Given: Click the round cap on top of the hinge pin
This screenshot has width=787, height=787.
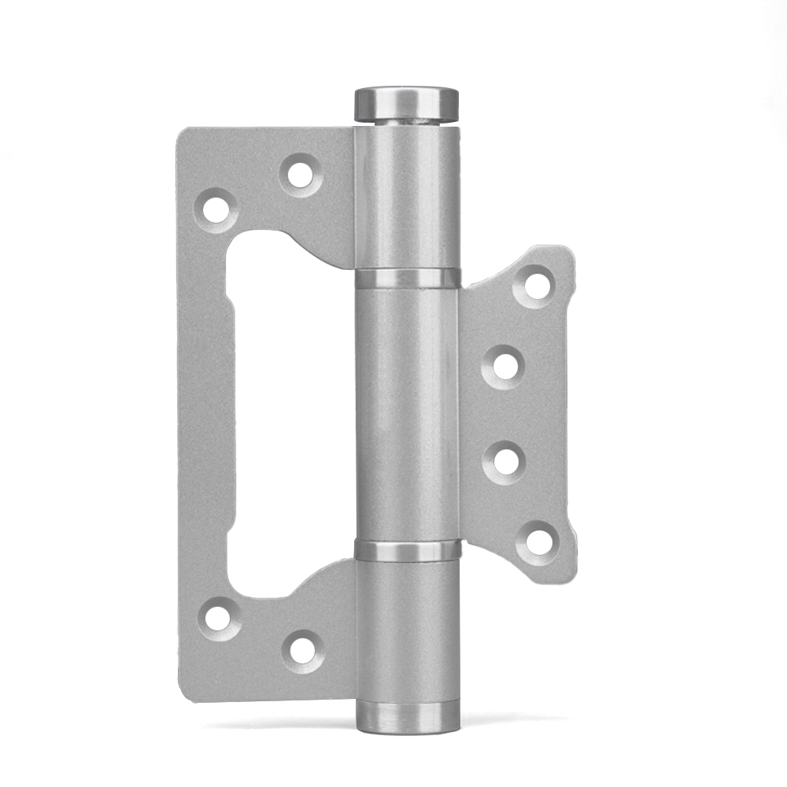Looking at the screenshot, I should pyautogui.click(x=406, y=102).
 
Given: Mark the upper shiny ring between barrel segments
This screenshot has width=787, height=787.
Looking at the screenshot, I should pyautogui.click(x=407, y=278).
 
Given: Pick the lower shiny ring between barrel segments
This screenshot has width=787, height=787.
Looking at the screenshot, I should pyautogui.click(x=407, y=549).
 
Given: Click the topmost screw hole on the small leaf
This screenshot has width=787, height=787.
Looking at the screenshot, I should pyautogui.click(x=537, y=284).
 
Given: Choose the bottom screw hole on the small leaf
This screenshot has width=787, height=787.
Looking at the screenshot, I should pyautogui.click(x=538, y=541).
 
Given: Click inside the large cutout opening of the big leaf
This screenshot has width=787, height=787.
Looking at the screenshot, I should pyautogui.click(x=291, y=409).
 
